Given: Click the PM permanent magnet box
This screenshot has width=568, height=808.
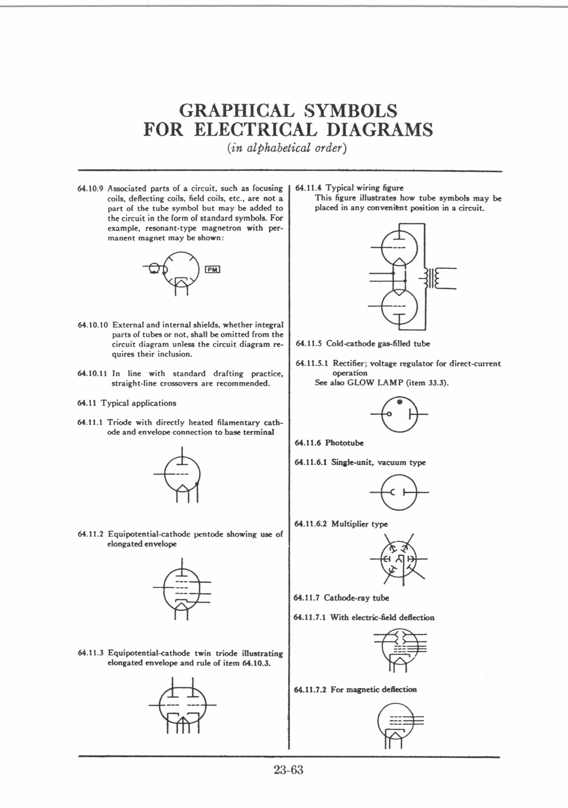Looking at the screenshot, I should (x=213, y=269).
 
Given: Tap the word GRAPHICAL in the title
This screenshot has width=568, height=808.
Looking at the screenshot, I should (x=237, y=111).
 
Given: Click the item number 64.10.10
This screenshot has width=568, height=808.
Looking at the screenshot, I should (x=93, y=325).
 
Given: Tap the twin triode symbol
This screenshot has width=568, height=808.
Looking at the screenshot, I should (x=182, y=705).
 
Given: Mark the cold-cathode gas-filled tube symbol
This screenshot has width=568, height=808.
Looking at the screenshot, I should (x=399, y=414).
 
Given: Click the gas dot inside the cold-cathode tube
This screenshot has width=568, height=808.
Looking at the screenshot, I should (x=399, y=402).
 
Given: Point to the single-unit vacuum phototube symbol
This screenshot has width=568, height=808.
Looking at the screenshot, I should (x=399, y=493).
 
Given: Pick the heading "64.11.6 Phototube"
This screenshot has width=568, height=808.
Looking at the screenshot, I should (x=329, y=443).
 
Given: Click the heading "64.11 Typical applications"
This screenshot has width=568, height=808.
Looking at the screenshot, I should (x=127, y=403).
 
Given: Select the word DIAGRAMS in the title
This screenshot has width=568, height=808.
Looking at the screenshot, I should (x=380, y=130).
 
